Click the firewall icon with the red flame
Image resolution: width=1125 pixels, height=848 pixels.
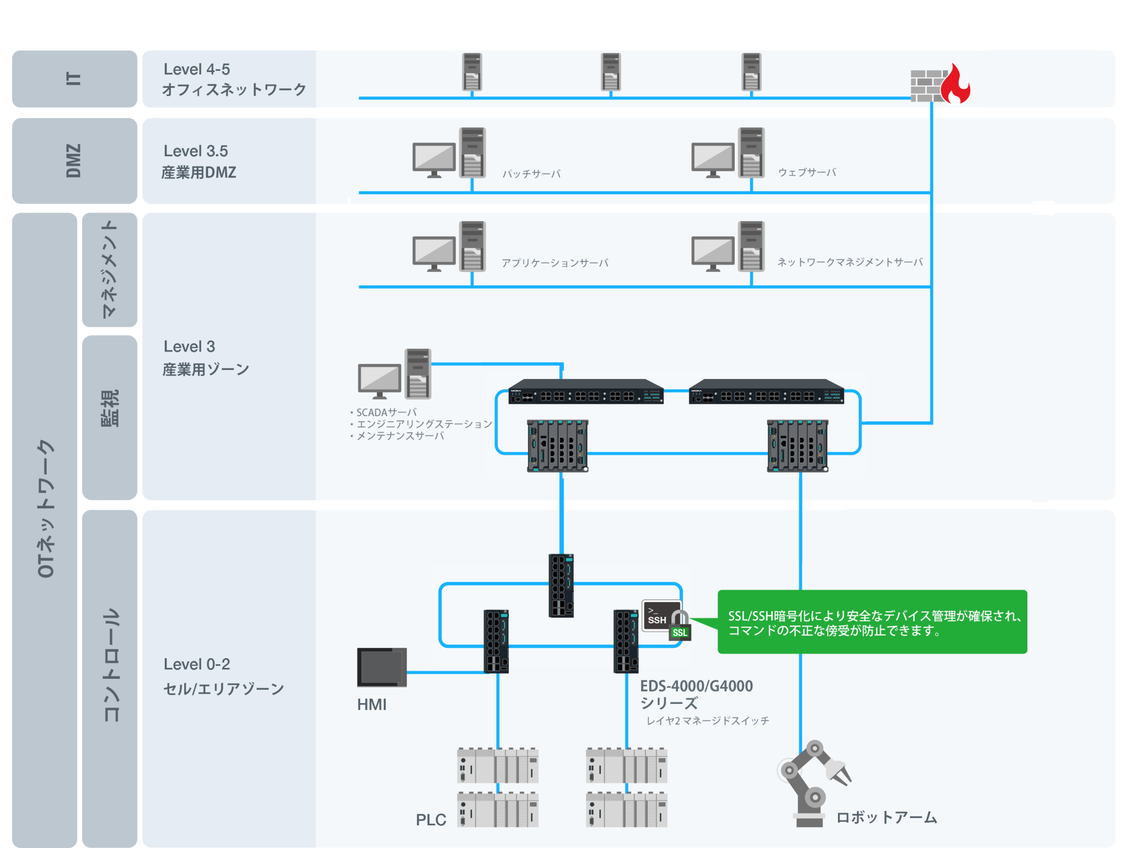pyautogui.click(x=940, y=83)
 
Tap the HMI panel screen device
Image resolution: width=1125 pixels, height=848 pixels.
pyautogui.click(x=381, y=667)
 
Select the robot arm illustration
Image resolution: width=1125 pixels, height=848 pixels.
pyautogui.click(x=813, y=783)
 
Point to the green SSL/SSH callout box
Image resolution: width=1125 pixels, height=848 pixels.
pyautogui.click(x=872, y=622)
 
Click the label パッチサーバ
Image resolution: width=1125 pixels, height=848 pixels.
pyautogui.click(x=531, y=174)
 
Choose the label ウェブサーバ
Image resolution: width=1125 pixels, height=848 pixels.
pyautogui.click(x=807, y=172)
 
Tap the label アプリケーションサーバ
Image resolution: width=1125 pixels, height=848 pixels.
pyautogui.click(x=555, y=263)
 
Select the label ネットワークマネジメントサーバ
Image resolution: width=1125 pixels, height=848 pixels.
pyautogui.click(x=850, y=262)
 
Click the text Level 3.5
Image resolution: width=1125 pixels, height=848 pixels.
pyautogui.click(x=196, y=151)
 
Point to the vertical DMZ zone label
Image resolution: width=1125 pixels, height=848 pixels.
pyautogui.click(x=74, y=161)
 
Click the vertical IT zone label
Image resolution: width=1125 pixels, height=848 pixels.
pyautogui.click(x=74, y=78)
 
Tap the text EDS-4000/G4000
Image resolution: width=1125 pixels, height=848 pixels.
pyautogui.click(x=696, y=686)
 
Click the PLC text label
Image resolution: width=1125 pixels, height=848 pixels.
pyautogui.click(x=431, y=819)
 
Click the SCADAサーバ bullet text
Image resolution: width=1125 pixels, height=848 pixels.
pyautogui.click(x=384, y=412)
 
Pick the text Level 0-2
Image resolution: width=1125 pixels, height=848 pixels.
pyautogui.click(x=197, y=664)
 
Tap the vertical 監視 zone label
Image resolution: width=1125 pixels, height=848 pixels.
pyautogui.click(x=110, y=408)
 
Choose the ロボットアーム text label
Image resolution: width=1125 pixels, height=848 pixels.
pyautogui.click(x=886, y=818)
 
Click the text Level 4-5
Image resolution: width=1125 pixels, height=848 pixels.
pyautogui.click(x=197, y=69)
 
